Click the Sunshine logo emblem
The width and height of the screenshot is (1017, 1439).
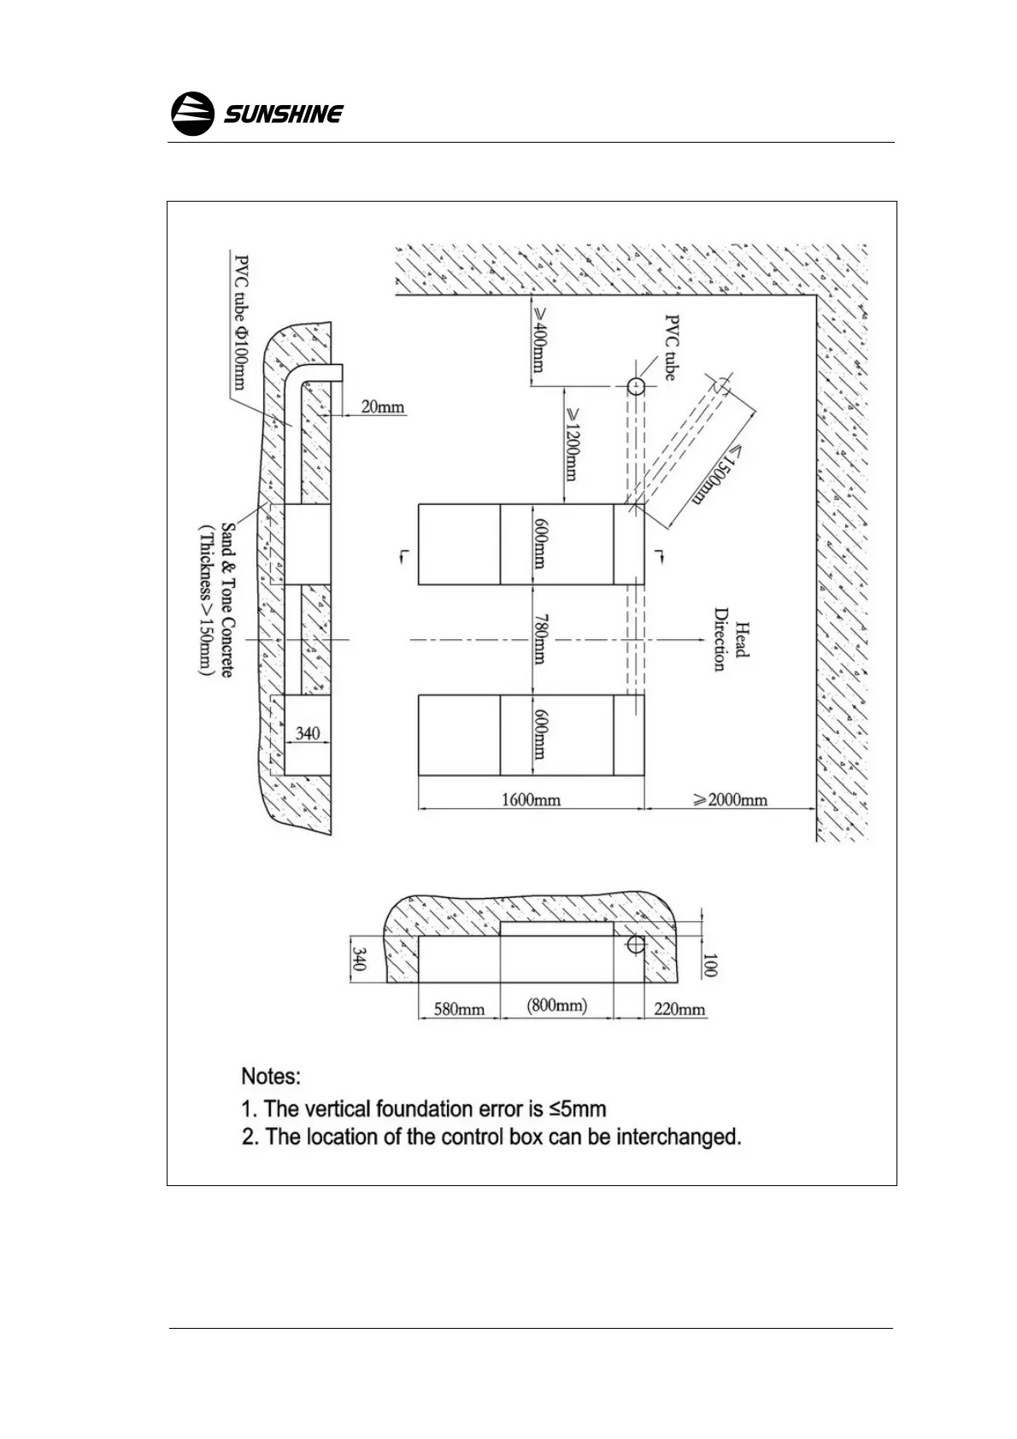point(192,113)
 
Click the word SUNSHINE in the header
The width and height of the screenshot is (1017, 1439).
point(284,114)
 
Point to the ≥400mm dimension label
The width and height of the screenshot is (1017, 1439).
point(539,340)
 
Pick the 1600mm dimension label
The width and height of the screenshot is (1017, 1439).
point(531,800)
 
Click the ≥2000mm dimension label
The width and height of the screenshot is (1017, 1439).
point(730,800)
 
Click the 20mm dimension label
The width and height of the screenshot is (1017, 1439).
point(382,407)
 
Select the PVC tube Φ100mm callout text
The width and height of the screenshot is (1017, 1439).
point(243,320)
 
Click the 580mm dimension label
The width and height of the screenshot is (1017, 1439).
point(459,1009)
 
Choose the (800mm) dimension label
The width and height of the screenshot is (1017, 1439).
point(556,1006)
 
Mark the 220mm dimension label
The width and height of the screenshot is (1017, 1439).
point(679,1009)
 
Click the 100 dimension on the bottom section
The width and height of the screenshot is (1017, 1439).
point(711,966)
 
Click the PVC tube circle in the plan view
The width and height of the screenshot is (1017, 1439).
point(635,386)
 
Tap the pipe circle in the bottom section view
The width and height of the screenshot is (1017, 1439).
point(635,944)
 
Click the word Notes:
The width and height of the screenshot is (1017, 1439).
point(271,1075)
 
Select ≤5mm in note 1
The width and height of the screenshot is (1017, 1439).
point(578,1109)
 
